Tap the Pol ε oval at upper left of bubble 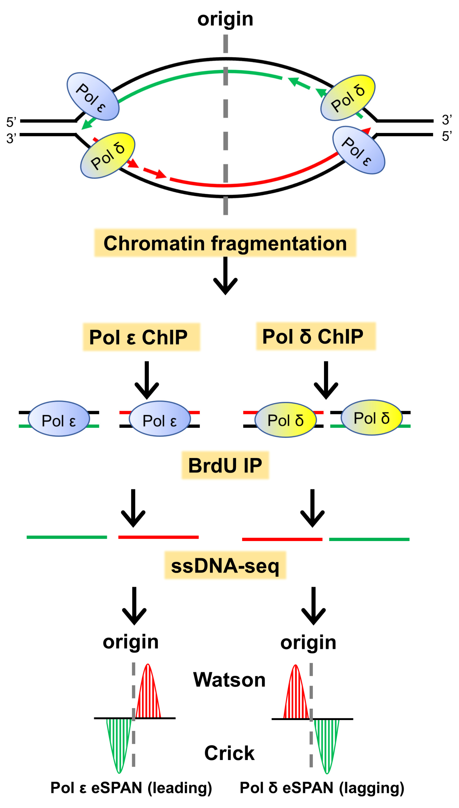pyautogui.click(x=93, y=96)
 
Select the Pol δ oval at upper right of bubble pyautogui.click(x=347, y=98)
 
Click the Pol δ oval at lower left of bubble pyautogui.click(x=108, y=155)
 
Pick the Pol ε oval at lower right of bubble pyautogui.click(x=358, y=150)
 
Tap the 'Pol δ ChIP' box pyautogui.click(x=315, y=336)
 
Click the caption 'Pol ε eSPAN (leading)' pyautogui.click(x=131, y=787)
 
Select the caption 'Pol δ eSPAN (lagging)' pyautogui.click(x=322, y=787)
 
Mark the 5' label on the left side pyautogui.click(x=11, y=122)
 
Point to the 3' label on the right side pyautogui.click(x=446, y=120)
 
